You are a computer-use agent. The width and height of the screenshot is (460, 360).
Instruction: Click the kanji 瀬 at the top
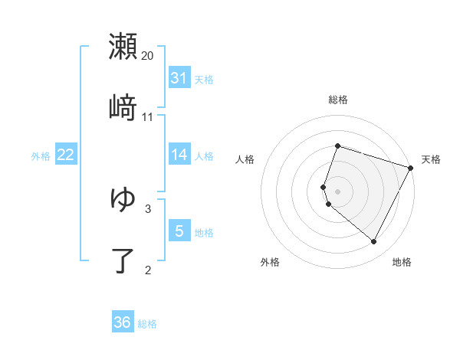tap(123, 46)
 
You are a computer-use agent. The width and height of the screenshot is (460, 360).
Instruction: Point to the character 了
tap(123, 260)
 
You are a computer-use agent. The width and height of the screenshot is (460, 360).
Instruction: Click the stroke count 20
tap(148, 55)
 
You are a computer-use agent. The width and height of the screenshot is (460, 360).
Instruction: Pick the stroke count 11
tap(148, 117)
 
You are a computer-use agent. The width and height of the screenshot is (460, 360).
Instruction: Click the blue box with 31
tap(179, 78)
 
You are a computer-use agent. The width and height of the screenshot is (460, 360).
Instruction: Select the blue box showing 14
tap(179, 155)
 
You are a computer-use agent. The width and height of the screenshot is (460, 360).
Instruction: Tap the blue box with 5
tap(179, 231)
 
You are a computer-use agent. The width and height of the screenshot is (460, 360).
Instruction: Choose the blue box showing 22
tap(66, 155)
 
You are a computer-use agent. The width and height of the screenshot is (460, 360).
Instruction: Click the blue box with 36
tap(123, 322)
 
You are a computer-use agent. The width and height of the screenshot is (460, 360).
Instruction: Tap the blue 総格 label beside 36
tap(147, 323)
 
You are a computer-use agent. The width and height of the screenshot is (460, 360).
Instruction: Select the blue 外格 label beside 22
tap(41, 155)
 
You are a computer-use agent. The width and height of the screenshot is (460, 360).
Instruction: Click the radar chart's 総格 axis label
tap(337, 100)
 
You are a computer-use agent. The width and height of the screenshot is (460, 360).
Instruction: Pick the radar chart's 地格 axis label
tap(402, 262)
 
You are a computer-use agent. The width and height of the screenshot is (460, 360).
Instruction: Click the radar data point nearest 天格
tap(411, 168)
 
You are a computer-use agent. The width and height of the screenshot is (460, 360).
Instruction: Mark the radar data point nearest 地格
tap(374, 241)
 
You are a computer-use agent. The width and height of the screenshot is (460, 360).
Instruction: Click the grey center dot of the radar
tap(337, 191)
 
